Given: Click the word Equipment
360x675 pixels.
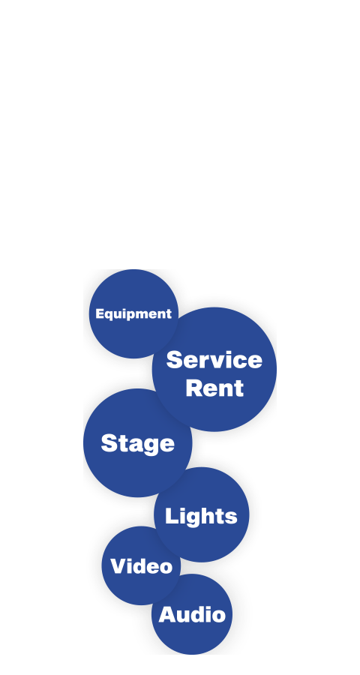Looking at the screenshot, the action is pyautogui.click(x=133, y=314).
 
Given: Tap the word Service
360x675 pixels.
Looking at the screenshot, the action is pyautogui.click(x=214, y=359).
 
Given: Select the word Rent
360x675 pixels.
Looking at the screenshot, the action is pyautogui.click(x=214, y=388).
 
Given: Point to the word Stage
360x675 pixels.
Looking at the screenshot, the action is pyautogui.click(x=138, y=443).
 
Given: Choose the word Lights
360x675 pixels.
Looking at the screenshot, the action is pyautogui.click(x=201, y=516).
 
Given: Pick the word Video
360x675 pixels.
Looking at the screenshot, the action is pyautogui.click(x=141, y=565).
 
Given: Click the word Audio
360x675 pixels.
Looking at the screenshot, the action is pyautogui.click(x=192, y=614).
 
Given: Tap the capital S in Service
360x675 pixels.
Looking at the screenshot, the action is pyautogui.click(x=175, y=359).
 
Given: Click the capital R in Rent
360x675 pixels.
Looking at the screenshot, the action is pyautogui.click(x=195, y=388).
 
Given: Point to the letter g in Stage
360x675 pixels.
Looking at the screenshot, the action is pyautogui.click(x=148, y=447).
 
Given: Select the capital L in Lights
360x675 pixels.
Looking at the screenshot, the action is pyautogui.click(x=172, y=516).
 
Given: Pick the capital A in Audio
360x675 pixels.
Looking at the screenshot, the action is pyautogui.click(x=168, y=614).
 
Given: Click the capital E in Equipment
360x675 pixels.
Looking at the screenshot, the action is pyautogui.click(x=100, y=313).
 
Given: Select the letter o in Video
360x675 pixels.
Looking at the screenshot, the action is pyautogui.click(x=165, y=568).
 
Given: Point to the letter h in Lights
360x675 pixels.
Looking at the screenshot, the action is pyautogui.click(x=211, y=516).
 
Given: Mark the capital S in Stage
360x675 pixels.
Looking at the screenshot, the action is pyautogui.click(x=109, y=443).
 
